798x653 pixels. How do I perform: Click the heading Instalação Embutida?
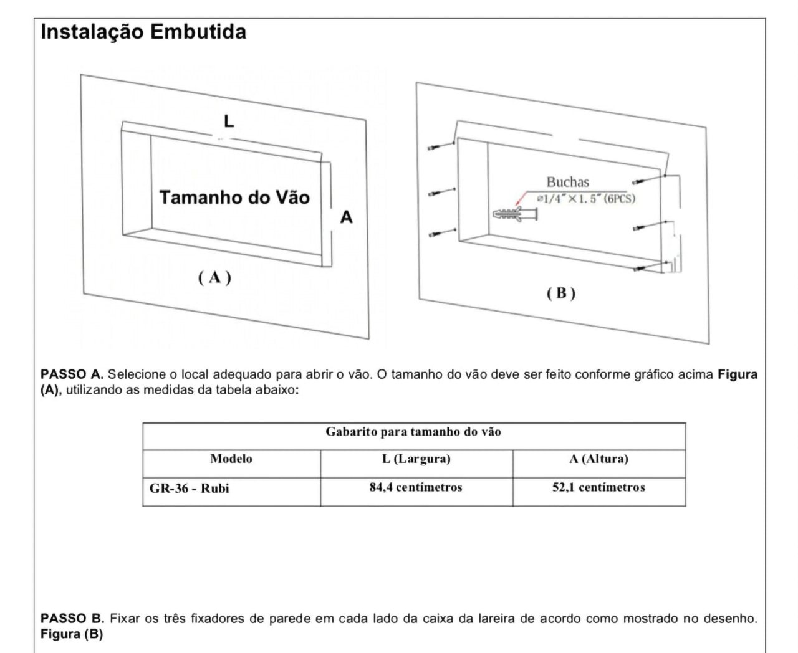(x=143, y=32)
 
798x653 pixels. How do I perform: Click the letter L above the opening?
(x=229, y=122)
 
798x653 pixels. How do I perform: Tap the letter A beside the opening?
(x=346, y=217)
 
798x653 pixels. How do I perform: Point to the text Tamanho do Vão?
(x=234, y=198)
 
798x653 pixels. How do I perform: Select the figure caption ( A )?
(x=214, y=277)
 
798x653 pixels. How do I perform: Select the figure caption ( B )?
(x=560, y=293)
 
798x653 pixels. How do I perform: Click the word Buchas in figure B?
(x=567, y=182)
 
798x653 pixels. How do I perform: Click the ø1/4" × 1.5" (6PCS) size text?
(x=585, y=199)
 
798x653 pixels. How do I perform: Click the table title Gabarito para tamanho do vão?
(x=413, y=432)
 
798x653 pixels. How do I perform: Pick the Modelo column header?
(x=231, y=459)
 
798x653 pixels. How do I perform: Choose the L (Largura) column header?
(x=416, y=459)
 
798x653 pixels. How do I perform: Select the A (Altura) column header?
(x=598, y=459)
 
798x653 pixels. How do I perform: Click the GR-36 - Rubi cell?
(x=190, y=489)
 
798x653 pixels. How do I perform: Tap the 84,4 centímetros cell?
(x=416, y=487)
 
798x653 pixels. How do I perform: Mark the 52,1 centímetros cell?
(x=598, y=487)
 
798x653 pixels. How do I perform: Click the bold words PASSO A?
(x=72, y=374)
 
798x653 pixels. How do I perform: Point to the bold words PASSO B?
(x=72, y=619)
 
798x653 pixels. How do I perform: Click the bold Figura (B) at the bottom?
(x=72, y=634)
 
